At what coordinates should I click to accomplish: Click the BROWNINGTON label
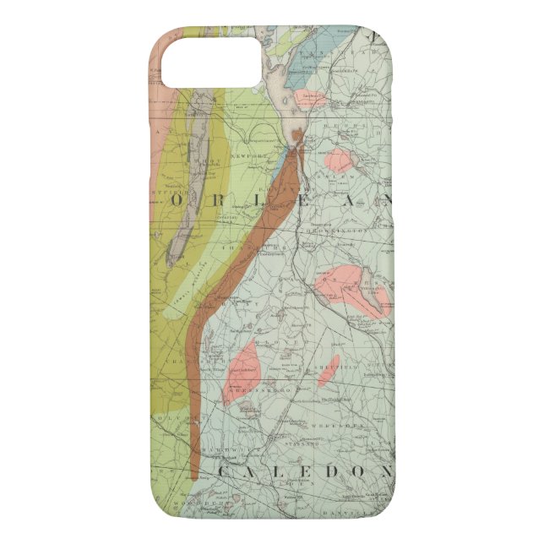click(x=354, y=228)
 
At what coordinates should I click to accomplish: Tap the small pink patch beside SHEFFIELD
click(x=330, y=366)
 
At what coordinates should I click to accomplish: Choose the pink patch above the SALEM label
click(x=338, y=160)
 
